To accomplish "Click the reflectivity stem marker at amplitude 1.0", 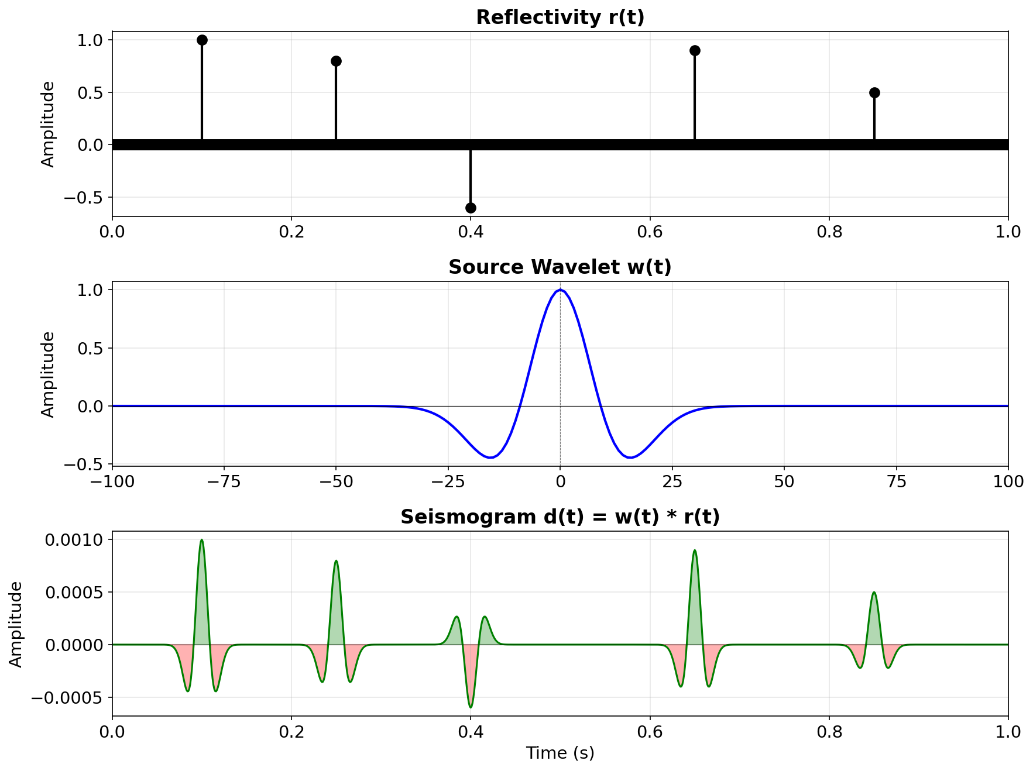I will (x=202, y=40).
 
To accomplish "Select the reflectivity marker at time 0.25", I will (x=336, y=61).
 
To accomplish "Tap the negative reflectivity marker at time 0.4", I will (x=471, y=208).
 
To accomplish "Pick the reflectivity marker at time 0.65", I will (x=695, y=50).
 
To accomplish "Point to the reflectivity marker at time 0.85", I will (x=874, y=92).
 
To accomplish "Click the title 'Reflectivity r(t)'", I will (x=560, y=18).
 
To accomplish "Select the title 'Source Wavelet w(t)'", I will (x=560, y=267).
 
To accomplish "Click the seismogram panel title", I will (x=560, y=517).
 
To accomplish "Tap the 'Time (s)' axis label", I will (x=560, y=753).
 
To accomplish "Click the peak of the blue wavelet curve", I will (x=560, y=290).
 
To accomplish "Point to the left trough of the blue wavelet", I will (x=490, y=457).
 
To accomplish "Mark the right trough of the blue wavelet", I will (x=630, y=457).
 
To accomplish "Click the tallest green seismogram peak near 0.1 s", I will (x=202, y=540).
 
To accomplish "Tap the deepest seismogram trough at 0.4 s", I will (x=471, y=707).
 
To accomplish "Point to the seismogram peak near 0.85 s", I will (x=874, y=593).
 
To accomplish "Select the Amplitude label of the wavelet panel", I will (x=49, y=374).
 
